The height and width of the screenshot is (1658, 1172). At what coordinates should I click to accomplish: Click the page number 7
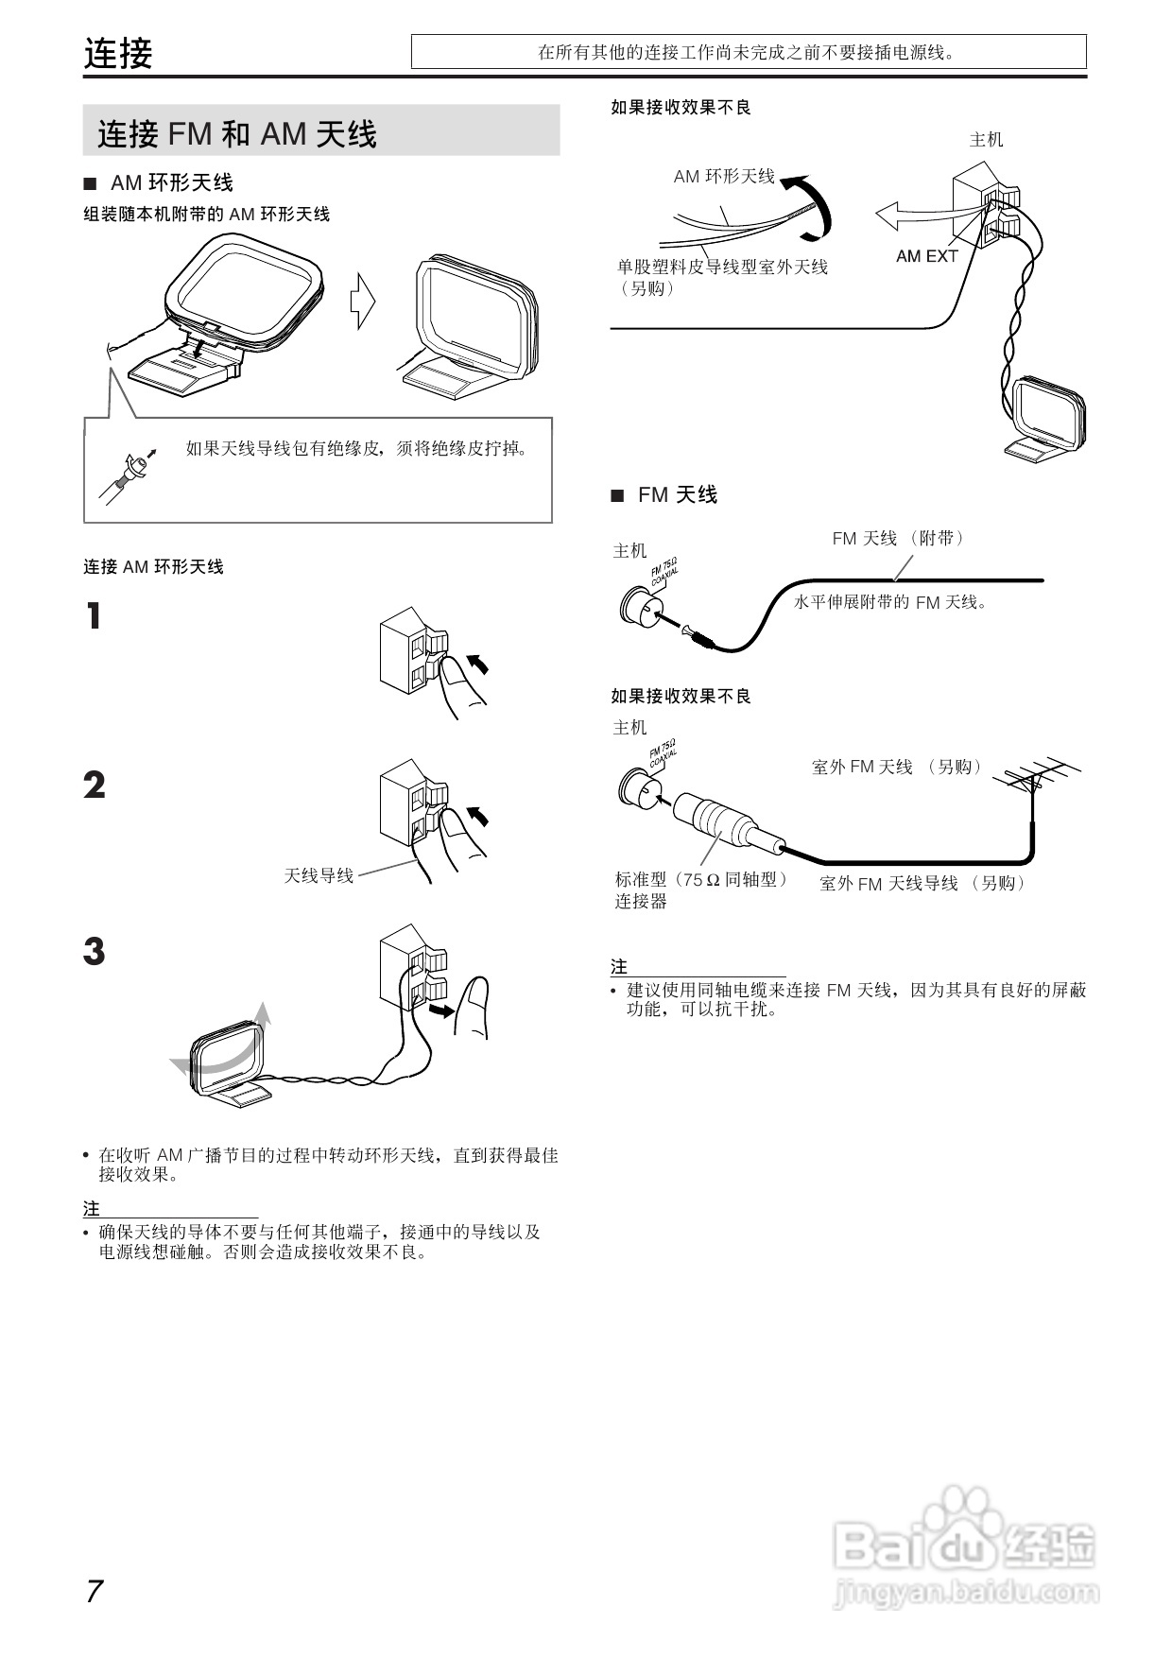coord(94,1591)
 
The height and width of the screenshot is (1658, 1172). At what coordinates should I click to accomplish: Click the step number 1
coord(93,617)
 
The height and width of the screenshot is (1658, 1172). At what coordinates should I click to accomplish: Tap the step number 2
coord(94,786)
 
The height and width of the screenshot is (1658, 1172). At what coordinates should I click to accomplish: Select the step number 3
coord(94,951)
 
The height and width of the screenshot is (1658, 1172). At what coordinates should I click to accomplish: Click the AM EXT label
coord(926,256)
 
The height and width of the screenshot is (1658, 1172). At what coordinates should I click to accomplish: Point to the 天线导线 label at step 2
coord(319,875)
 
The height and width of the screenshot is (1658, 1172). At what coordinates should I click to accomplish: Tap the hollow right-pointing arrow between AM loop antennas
coord(362,302)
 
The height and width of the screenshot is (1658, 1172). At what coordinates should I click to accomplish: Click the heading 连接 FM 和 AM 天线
coord(237,133)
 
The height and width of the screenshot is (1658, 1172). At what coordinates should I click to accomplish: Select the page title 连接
coord(118,53)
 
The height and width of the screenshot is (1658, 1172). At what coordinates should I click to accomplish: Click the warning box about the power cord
coord(748,52)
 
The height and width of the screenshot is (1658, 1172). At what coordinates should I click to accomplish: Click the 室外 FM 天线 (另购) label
coord(898,767)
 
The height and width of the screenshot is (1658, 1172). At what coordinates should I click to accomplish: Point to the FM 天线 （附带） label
coord(899,538)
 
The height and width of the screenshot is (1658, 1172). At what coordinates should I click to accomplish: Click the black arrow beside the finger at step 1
coord(480,664)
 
